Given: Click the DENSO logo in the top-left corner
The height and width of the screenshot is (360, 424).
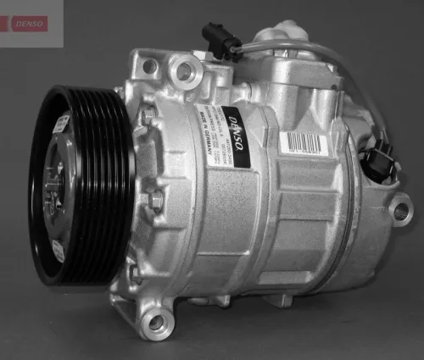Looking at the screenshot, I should click(31, 23).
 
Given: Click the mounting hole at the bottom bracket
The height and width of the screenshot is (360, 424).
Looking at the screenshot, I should click(155, 322).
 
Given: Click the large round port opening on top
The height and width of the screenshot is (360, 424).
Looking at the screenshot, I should click(182, 70).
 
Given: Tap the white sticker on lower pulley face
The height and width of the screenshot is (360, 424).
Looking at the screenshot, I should click(58, 250).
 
